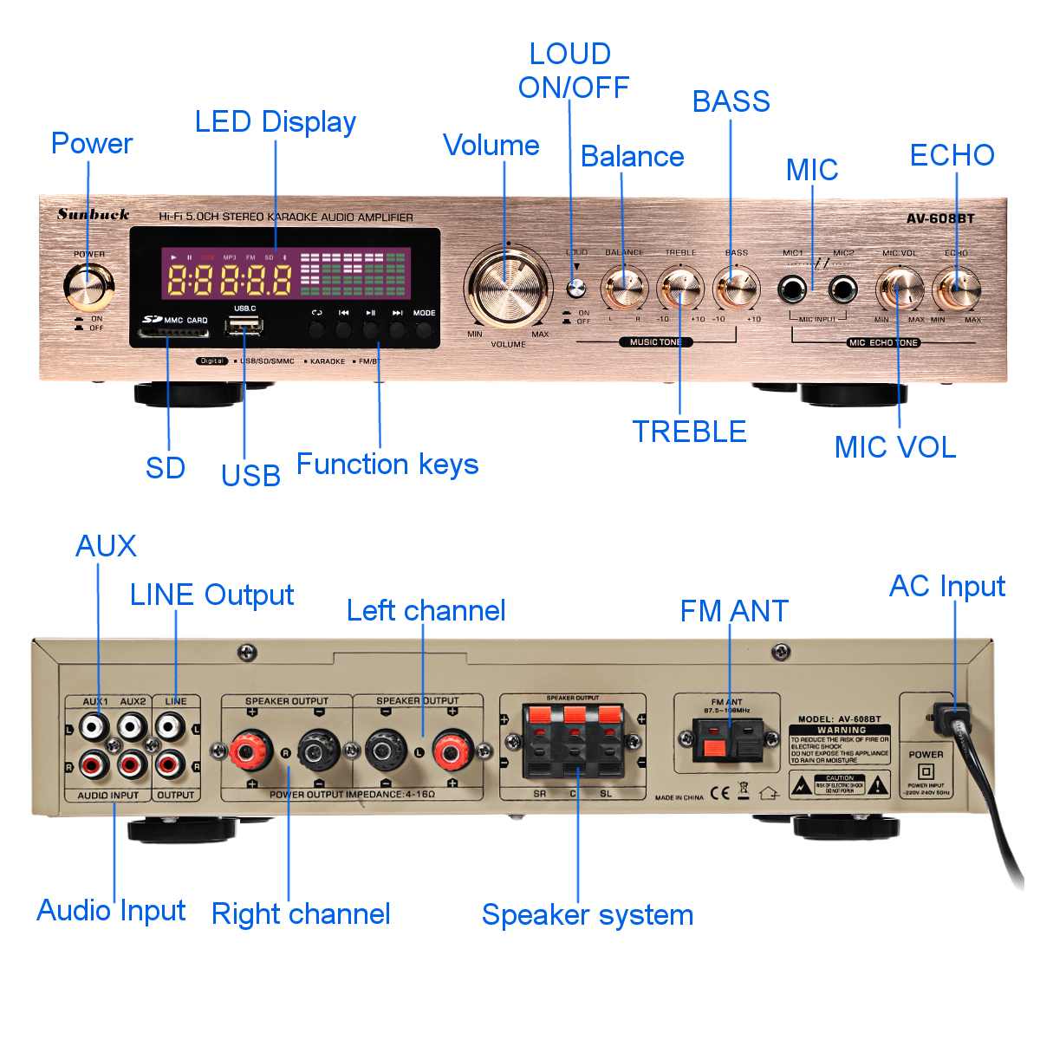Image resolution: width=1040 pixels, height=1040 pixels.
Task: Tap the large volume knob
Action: tap(508, 285)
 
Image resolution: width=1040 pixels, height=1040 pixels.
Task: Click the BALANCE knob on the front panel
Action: tap(624, 289)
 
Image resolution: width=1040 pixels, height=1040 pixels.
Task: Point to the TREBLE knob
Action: tap(680, 289)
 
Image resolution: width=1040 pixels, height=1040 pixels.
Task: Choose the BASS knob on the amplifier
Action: tap(736, 289)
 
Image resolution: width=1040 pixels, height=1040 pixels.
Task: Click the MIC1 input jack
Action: tap(792, 289)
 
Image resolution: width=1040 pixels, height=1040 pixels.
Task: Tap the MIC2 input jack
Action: tap(843, 289)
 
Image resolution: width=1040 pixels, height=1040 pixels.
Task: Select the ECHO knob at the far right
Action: tap(957, 289)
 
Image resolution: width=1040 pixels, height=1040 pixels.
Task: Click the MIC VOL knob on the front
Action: tap(900, 289)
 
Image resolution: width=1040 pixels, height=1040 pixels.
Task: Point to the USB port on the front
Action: tap(244, 327)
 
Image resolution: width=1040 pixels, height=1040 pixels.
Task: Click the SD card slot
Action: tap(174, 333)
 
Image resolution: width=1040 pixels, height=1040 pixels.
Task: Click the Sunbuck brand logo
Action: tap(94, 214)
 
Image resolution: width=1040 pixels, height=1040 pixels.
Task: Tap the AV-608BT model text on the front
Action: tap(940, 218)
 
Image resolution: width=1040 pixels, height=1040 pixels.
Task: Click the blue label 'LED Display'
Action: tap(275, 122)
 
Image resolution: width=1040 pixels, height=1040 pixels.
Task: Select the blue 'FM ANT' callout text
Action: tap(734, 611)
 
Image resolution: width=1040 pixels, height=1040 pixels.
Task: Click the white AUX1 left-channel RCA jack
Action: tap(92, 725)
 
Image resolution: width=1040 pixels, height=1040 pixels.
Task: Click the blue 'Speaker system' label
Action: tap(587, 915)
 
